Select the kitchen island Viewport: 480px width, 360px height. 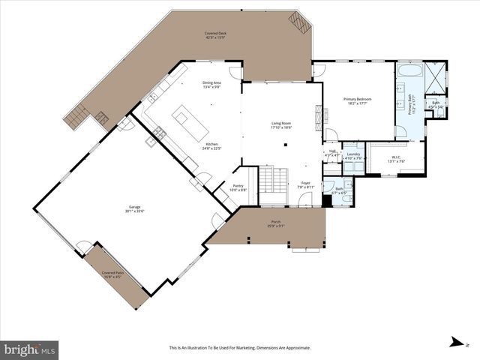point(185,118)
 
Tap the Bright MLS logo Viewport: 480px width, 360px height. point(30,348)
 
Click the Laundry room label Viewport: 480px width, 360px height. point(353,156)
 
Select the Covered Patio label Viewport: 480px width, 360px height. point(112,274)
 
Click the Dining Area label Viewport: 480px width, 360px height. point(212,85)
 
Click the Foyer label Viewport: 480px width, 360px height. point(306,184)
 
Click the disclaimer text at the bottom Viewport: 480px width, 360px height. point(239,347)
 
